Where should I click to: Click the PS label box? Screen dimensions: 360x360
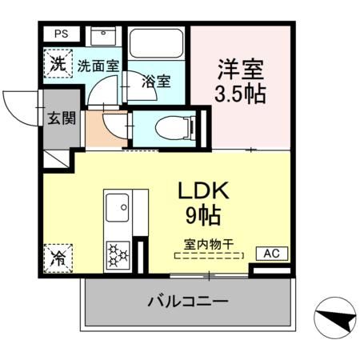[x=61, y=34]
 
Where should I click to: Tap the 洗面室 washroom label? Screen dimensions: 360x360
[x=98, y=66]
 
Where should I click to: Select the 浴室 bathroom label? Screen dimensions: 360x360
[x=156, y=81]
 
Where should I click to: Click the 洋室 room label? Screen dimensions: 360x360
[x=240, y=68]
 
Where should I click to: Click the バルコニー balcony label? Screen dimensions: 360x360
[x=189, y=302]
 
